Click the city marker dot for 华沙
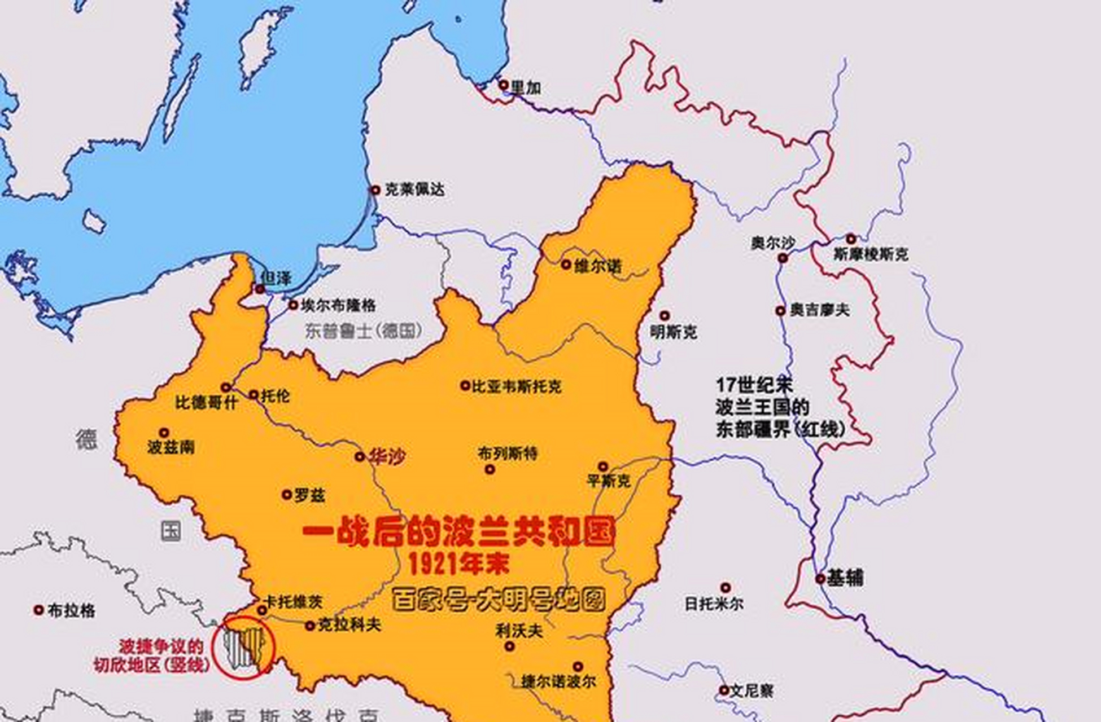[x=360, y=456]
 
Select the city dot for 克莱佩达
[x=375, y=190]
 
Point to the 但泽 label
[x=277, y=278]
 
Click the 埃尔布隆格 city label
[x=338, y=306]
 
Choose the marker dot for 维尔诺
[x=566, y=264]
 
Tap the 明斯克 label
[x=673, y=332]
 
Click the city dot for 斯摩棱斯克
[x=851, y=239]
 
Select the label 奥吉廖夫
[x=819, y=310]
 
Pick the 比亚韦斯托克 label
[x=517, y=386]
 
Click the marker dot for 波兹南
[x=164, y=433]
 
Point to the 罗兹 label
[x=309, y=496]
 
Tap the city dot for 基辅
[x=820, y=579]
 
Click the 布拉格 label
[x=71, y=610]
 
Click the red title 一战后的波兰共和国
[x=458, y=532]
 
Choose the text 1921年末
[x=458, y=563]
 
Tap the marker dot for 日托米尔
[x=726, y=588]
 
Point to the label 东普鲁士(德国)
[x=364, y=331]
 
